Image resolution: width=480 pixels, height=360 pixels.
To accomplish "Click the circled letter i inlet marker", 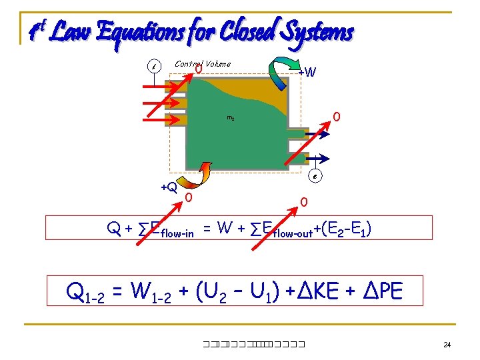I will (154, 67).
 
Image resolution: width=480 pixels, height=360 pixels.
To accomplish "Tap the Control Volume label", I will (203, 64).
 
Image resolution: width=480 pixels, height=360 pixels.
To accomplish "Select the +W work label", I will (307, 71).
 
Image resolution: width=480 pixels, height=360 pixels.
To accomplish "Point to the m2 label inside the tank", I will (230, 118).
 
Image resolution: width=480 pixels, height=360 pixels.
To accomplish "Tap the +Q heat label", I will (169, 187).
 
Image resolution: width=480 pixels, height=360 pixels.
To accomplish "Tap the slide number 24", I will (447, 345).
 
